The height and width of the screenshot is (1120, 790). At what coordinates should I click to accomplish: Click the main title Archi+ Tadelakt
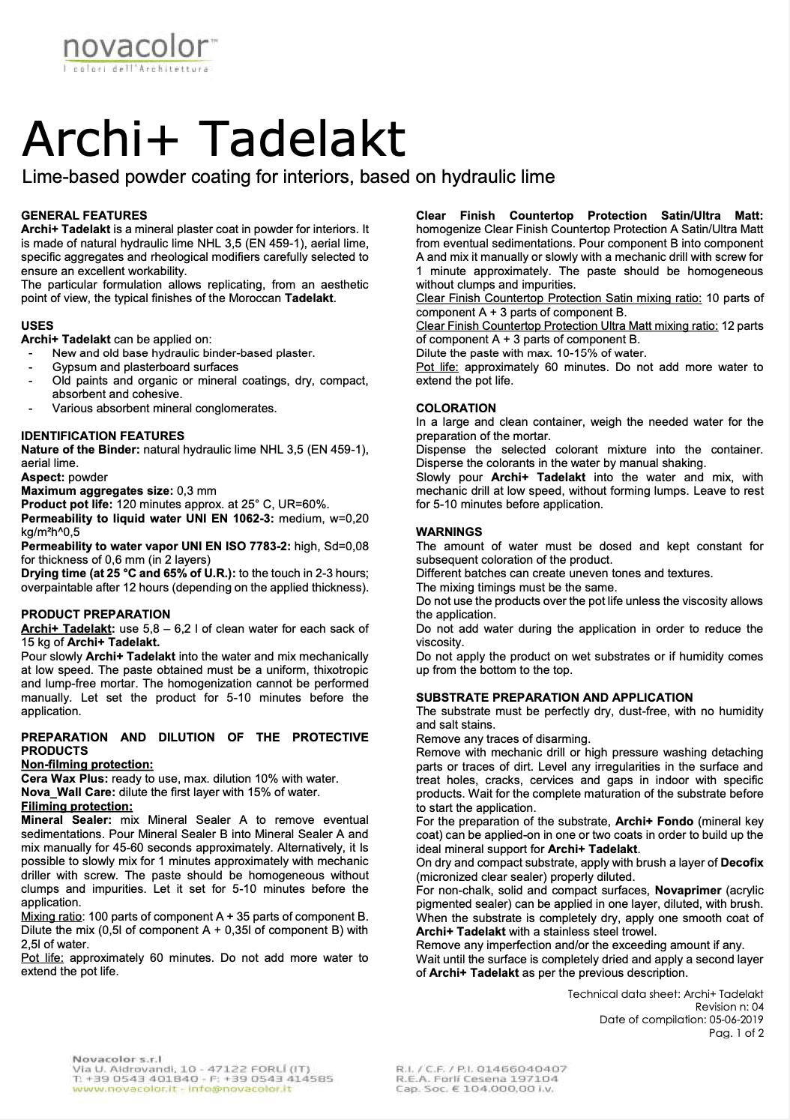pyautogui.click(x=214, y=138)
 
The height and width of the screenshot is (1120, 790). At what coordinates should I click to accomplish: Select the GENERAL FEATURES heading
pyautogui.click(x=84, y=215)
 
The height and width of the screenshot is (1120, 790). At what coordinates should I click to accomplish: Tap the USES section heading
pyautogui.click(x=37, y=325)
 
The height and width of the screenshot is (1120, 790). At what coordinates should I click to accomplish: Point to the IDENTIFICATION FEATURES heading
pyautogui.click(x=103, y=436)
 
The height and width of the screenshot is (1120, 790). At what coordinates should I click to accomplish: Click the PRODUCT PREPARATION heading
pyautogui.click(x=96, y=614)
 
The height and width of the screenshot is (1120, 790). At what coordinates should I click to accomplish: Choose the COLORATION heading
pyautogui.click(x=456, y=408)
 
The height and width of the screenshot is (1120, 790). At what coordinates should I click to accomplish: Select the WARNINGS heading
pyautogui.click(x=449, y=532)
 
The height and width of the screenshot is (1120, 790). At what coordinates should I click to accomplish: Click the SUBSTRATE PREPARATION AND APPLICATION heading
pyautogui.click(x=555, y=697)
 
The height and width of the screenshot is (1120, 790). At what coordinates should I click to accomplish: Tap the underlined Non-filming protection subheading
pyautogui.click(x=87, y=765)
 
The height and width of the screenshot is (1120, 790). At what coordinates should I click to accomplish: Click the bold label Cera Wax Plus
pyautogui.click(x=64, y=778)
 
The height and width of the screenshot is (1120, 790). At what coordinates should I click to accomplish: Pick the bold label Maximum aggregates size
pyautogui.click(x=88, y=490)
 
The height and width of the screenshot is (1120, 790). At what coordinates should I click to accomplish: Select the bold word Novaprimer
pyautogui.click(x=683, y=890)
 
